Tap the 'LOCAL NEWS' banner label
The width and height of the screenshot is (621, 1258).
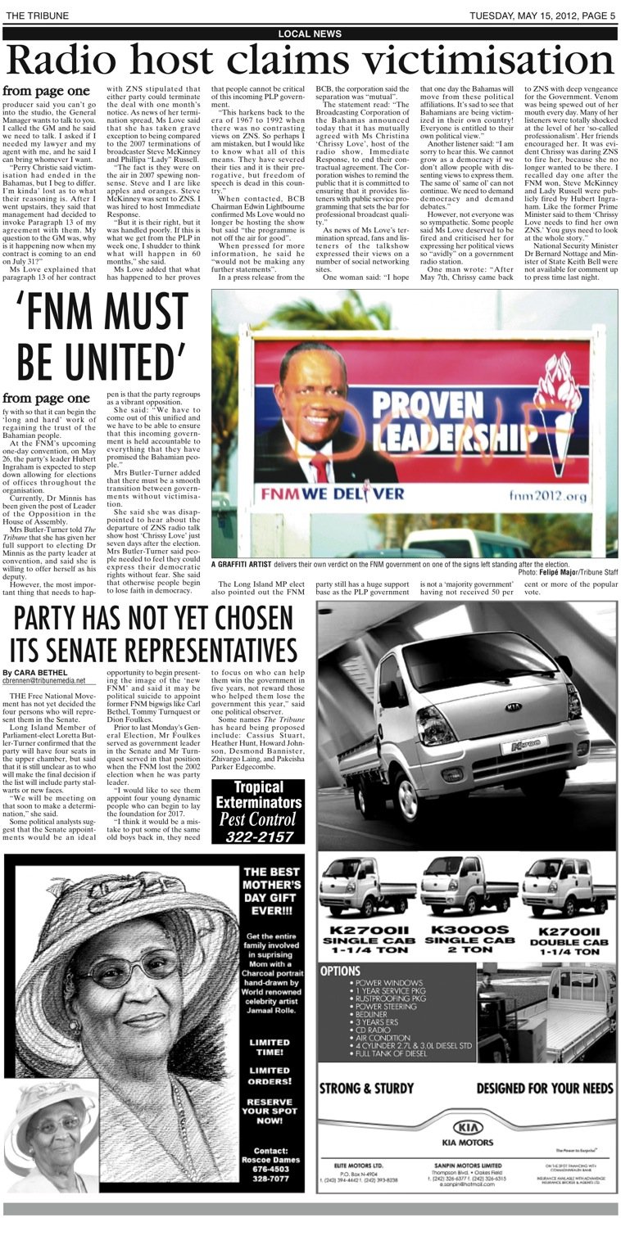310,34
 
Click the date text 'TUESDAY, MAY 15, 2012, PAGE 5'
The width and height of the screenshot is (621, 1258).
542,16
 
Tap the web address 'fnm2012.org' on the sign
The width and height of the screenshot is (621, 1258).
548,496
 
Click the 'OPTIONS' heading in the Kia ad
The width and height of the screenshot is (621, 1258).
341,971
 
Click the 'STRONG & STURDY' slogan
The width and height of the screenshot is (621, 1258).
366,1088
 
